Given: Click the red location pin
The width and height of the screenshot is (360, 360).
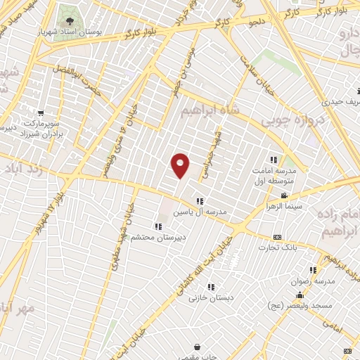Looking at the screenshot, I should [x=180, y=166].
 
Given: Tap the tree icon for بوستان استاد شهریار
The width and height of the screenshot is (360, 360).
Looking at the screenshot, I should [x=69, y=14].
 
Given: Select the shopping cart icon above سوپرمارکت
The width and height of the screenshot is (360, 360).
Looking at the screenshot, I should [x=41, y=112].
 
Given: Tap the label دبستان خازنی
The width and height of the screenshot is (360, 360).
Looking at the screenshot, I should [x=210, y=297].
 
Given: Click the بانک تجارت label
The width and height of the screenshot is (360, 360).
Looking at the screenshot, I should [x=277, y=247].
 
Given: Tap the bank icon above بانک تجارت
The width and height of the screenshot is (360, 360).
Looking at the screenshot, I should [x=277, y=237].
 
